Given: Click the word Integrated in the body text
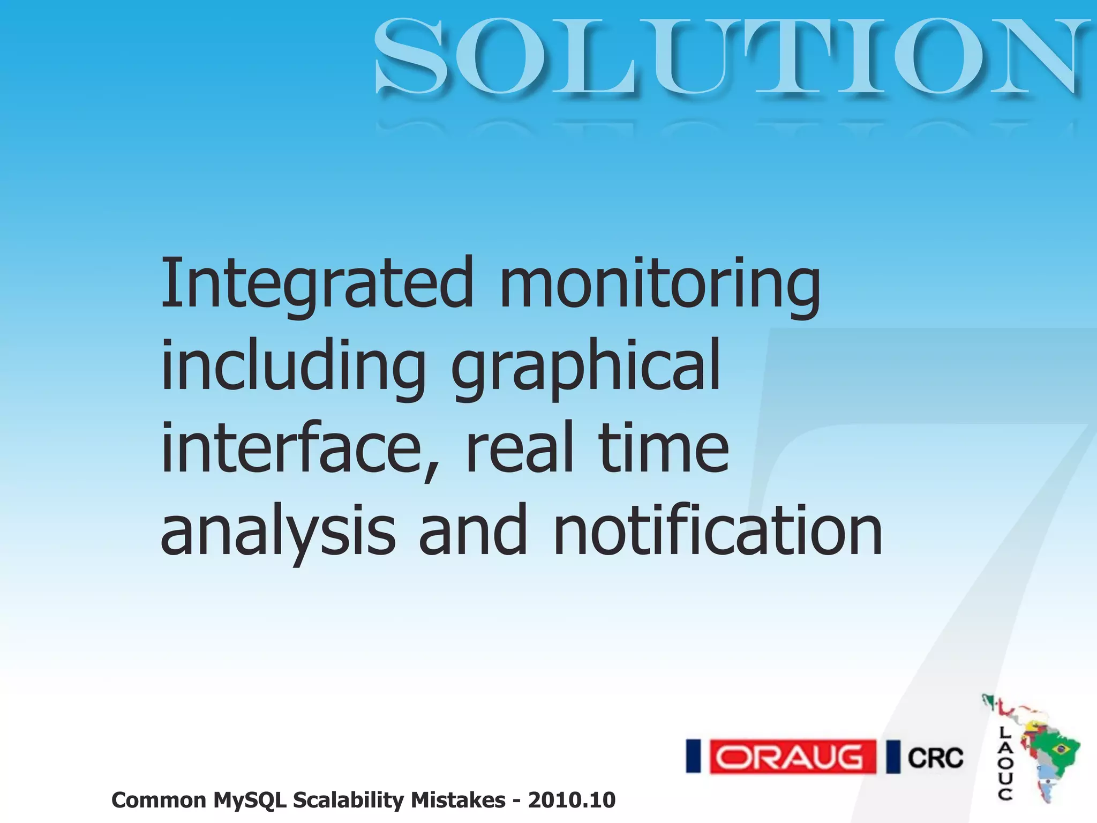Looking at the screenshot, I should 317,284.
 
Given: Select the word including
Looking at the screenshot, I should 294,366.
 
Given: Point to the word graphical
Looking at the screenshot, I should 586,366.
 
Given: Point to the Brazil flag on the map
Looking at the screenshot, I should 1060,749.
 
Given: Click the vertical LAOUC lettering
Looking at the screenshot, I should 1005,763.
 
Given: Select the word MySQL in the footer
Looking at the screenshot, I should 250,800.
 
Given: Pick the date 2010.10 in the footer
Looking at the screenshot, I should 572,800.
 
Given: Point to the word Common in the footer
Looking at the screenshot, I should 159,800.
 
